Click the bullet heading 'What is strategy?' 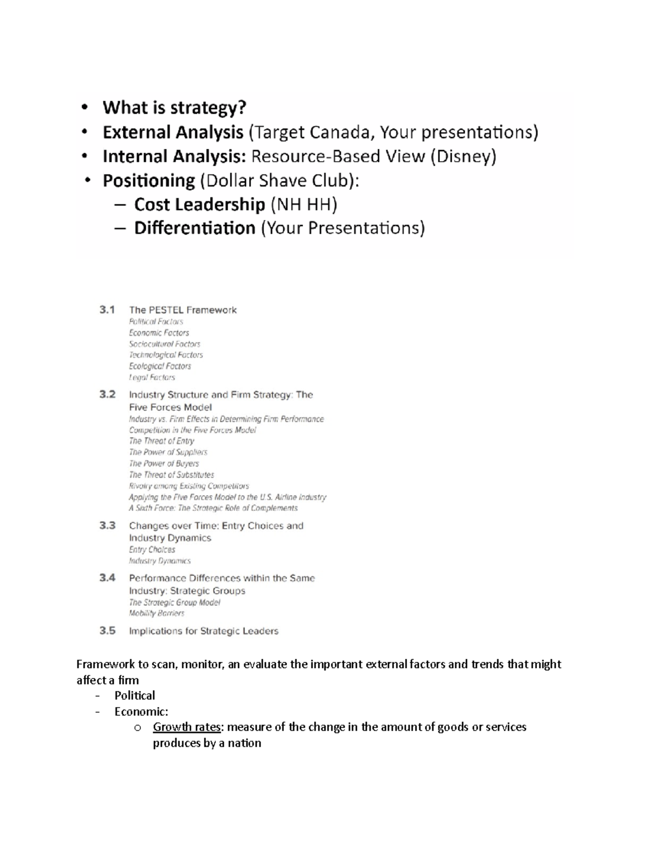pos(174,108)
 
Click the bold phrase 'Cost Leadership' pos(199,204)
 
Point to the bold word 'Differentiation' pos(194,228)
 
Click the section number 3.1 pos(107,310)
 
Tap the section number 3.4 pos(107,578)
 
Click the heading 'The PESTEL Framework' pos(183,310)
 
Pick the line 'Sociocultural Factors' pos(164,344)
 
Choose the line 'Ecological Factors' pos(160,366)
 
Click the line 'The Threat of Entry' pos(161,441)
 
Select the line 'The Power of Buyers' pos(164,464)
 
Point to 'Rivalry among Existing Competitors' pos(188,486)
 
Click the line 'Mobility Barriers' pos(156,614)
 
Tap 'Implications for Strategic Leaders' pos(203,631)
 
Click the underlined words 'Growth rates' pos(186,727)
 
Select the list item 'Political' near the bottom pos(134,695)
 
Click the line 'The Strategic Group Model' pos(174,602)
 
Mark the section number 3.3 pos(107,525)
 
